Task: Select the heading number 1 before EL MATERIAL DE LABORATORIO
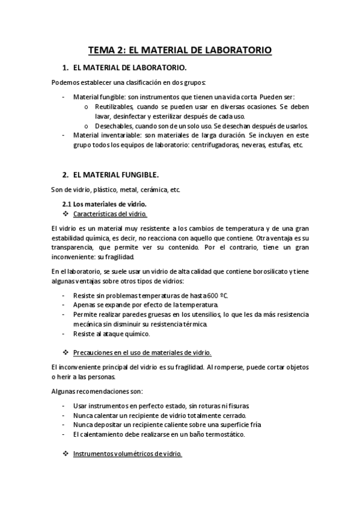(65, 68)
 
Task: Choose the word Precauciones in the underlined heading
(94, 352)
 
